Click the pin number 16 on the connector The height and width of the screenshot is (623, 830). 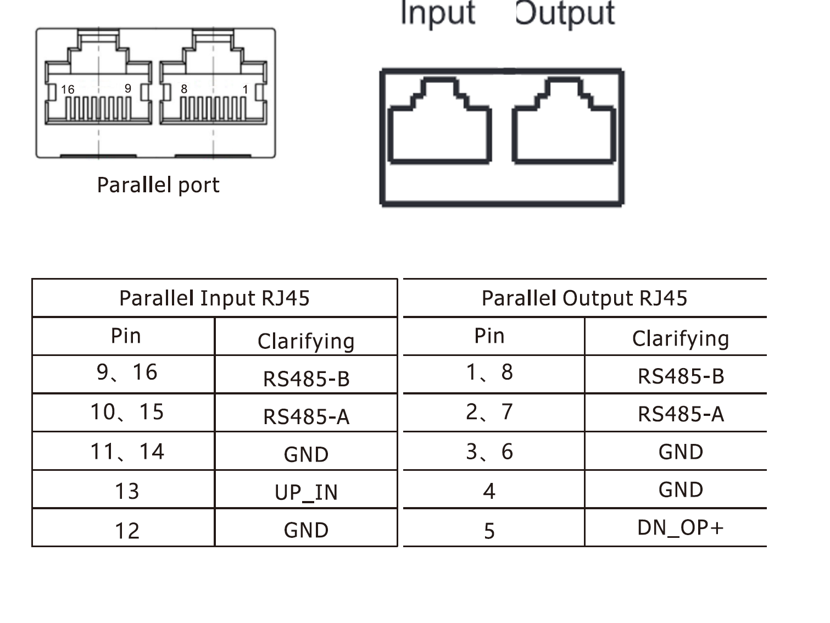point(68,89)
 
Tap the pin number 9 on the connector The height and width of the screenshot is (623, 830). point(128,88)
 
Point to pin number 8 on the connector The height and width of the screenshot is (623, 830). point(184,88)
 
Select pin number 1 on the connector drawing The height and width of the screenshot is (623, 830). point(245,89)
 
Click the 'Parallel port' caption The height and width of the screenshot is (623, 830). point(158,185)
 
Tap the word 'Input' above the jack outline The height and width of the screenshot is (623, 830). point(438,13)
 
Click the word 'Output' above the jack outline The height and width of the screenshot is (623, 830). point(565,13)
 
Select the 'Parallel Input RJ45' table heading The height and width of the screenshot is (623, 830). point(214,298)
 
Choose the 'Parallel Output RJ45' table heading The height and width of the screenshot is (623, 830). point(584,298)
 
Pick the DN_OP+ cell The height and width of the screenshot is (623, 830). point(681,527)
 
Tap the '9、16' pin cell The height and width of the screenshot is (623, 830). point(127,372)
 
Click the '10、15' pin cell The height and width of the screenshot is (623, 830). point(127,412)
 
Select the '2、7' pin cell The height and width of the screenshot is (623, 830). point(489,412)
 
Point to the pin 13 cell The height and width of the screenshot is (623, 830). point(127,491)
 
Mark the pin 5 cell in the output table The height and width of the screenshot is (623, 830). point(489,531)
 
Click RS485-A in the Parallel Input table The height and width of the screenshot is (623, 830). point(306,417)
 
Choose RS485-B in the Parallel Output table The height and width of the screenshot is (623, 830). point(681,376)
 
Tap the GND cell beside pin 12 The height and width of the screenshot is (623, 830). point(306,530)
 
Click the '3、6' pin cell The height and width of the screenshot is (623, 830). point(489,452)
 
